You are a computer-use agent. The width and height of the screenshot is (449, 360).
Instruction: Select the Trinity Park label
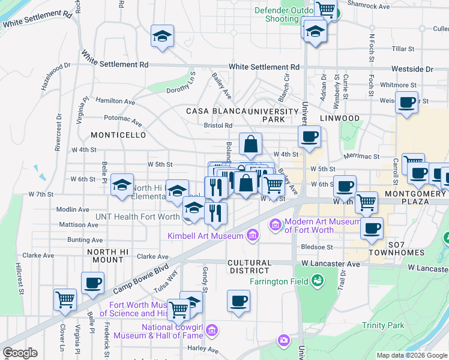(383, 325)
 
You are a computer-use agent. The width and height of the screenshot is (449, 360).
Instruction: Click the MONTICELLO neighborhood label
(118, 135)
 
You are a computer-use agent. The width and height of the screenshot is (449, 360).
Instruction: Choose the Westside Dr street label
(412, 70)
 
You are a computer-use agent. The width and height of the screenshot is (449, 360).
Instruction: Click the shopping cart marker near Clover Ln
(65, 299)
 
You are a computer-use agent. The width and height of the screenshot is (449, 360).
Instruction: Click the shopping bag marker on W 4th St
(250, 144)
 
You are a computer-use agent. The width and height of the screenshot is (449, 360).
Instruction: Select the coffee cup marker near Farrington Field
(238, 301)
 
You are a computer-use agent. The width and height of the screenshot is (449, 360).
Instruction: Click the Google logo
(20, 353)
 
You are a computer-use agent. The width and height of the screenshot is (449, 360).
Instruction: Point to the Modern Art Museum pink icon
(276, 225)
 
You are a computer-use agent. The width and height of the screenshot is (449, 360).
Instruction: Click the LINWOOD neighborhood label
(339, 118)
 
